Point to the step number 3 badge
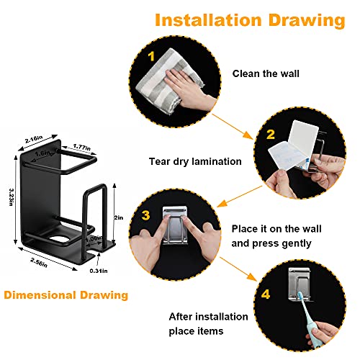coord(145,215)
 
